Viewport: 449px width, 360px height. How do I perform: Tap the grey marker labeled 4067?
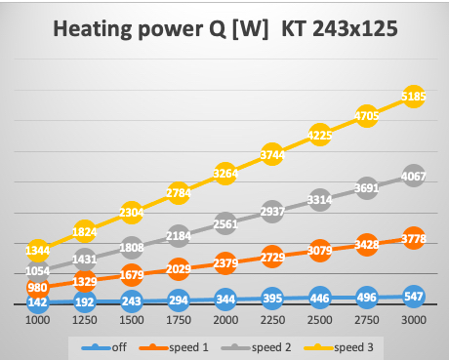tap(412, 178)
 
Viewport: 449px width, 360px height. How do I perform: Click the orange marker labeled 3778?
tap(412, 235)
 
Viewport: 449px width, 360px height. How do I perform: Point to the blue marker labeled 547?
tap(412, 296)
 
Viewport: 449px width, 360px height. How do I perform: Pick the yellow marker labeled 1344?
tap(38, 250)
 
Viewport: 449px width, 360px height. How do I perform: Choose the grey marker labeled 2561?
tap(224, 222)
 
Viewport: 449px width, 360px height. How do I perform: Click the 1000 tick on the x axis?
tap(38, 320)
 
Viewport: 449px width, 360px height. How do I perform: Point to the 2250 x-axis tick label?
tap(271, 320)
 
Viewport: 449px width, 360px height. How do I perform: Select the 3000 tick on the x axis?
tap(412, 320)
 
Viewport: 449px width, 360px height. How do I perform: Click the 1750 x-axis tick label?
tap(178, 320)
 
